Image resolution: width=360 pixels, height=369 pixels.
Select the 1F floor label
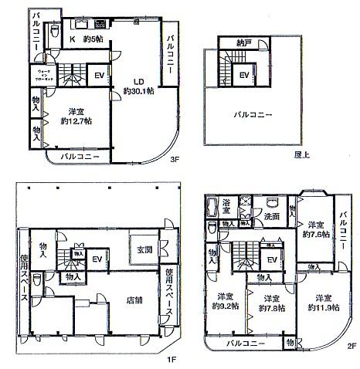[x=173, y=359]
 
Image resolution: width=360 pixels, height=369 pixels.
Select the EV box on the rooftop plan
[x=244, y=75]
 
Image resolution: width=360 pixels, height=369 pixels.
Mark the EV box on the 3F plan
[x=100, y=76]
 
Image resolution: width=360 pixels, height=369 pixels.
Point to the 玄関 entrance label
[x=145, y=249]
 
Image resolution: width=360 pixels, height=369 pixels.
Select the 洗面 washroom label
[x=271, y=217]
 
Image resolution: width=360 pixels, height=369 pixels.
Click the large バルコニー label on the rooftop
[x=253, y=115]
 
